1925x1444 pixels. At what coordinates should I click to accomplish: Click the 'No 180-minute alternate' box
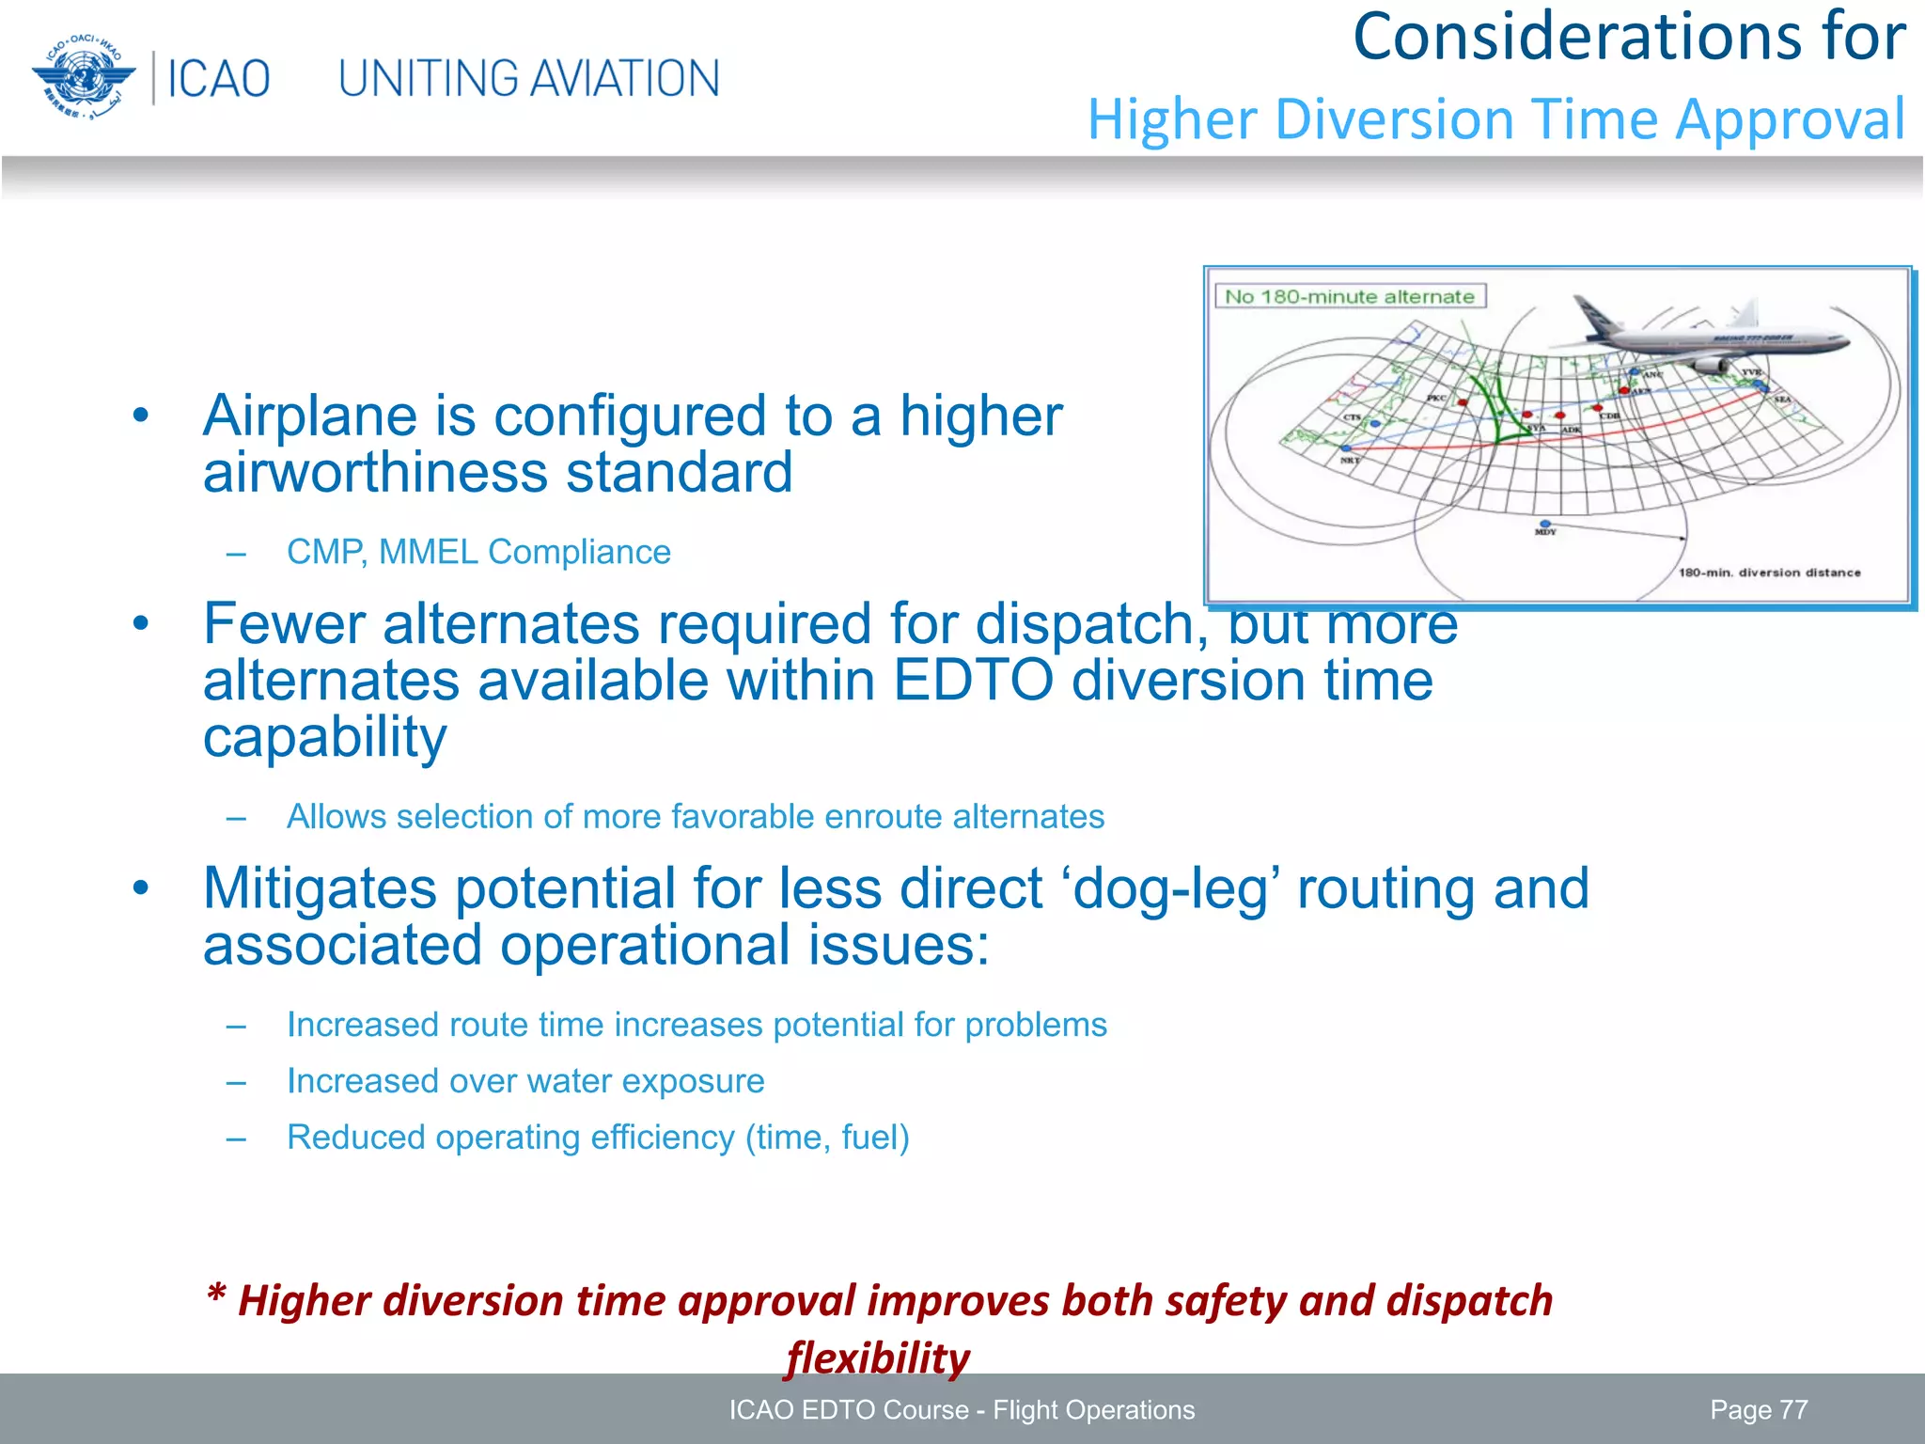(1349, 297)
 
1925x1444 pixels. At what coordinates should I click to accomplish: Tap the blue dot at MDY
(1545, 524)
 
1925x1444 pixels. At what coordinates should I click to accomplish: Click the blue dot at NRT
(1346, 449)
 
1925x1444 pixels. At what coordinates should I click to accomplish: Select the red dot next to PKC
(1463, 402)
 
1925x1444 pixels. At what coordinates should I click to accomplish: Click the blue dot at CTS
(1375, 425)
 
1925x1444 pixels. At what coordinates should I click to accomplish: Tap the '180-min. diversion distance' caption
(1769, 573)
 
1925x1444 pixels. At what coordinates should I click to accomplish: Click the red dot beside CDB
(1598, 409)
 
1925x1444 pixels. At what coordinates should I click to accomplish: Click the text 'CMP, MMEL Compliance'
(478, 552)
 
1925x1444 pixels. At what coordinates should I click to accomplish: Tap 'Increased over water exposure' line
(525, 1081)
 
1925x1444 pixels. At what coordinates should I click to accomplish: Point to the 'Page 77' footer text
(1758, 1410)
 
